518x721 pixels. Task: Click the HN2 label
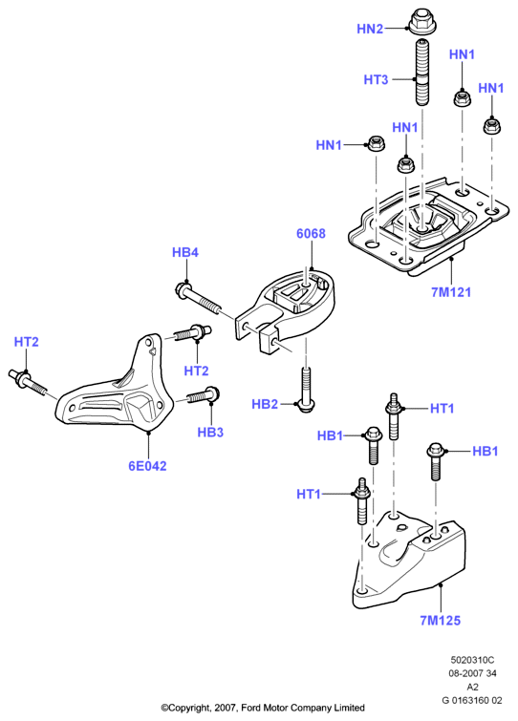(370, 29)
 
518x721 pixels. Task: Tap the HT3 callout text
(376, 79)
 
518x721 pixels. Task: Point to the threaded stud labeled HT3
(421, 74)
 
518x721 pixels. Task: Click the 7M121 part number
(451, 292)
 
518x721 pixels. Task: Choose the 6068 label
(311, 234)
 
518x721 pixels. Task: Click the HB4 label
(185, 252)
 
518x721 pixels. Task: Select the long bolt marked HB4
(199, 299)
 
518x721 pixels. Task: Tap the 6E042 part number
(147, 466)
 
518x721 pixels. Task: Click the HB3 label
(210, 433)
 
